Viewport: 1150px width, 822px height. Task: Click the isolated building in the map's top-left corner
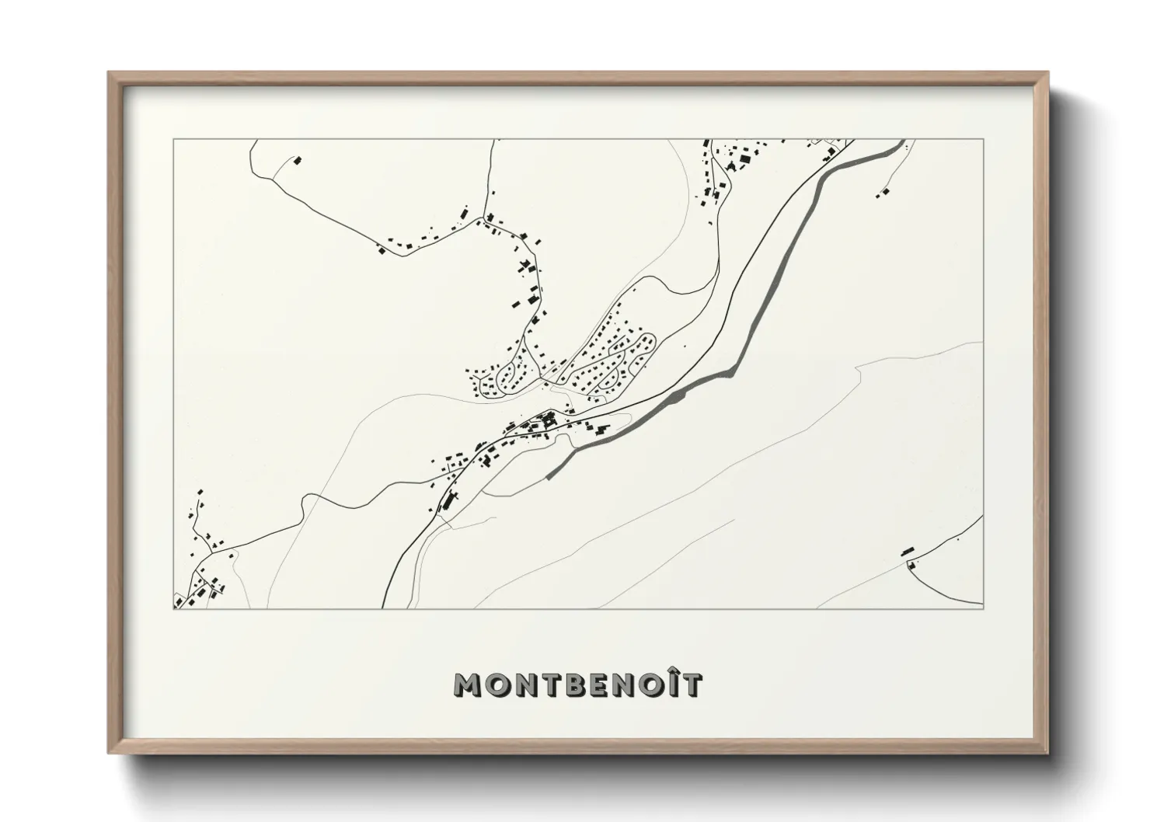point(296,161)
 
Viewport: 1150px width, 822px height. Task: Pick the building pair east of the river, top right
point(883,192)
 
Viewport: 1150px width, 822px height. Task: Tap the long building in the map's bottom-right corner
point(906,552)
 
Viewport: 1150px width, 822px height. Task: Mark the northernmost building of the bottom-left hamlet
point(201,493)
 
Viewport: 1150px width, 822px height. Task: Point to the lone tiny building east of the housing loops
point(685,345)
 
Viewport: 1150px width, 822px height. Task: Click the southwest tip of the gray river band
point(549,476)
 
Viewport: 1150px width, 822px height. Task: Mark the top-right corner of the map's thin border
point(983,140)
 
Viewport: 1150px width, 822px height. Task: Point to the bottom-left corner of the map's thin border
point(173,608)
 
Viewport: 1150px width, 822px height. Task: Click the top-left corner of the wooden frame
point(109,73)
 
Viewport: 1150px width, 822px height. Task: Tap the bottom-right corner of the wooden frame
point(1047,753)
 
